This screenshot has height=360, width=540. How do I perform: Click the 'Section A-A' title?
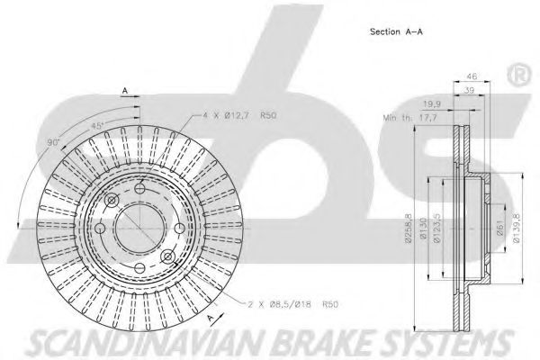click(x=397, y=31)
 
